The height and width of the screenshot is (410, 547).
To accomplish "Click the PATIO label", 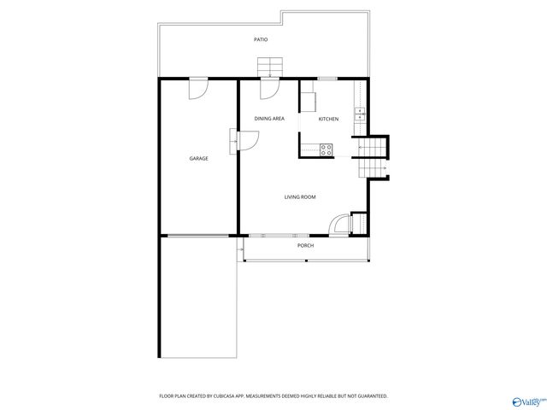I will pyautogui.click(x=261, y=40).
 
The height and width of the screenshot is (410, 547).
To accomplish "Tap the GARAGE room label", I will pyautogui.click(x=198, y=158).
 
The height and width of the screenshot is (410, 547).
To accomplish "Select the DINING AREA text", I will pyautogui.click(x=269, y=119).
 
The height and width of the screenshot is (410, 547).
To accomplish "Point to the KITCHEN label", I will pyautogui.click(x=328, y=119).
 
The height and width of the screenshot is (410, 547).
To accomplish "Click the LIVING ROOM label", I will pyautogui.click(x=300, y=197).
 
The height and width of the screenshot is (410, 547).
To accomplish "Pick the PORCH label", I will pyautogui.click(x=305, y=245).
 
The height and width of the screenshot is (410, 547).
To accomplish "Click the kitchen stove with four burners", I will pyautogui.click(x=326, y=149).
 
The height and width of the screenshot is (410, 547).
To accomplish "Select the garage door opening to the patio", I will pyautogui.click(x=198, y=86).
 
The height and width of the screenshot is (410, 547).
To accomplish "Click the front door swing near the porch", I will pyautogui.click(x=340, y=223).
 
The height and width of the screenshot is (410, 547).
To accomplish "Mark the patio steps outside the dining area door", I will pyautogui.click(x=271, y=67).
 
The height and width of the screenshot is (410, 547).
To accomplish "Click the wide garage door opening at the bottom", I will pyautogui.click(x=198, y=235).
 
